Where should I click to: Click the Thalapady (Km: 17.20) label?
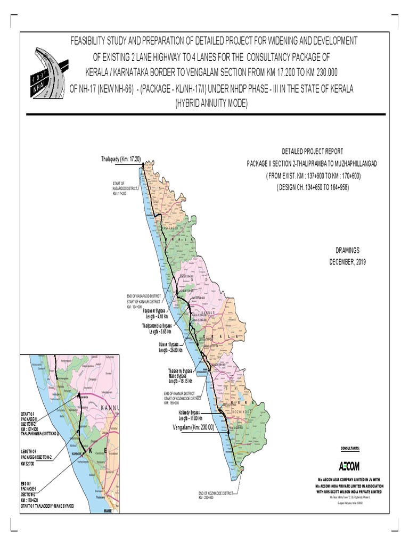(121, 159)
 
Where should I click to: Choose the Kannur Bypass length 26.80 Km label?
(170, 347)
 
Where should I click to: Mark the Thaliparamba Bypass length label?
(160, 328)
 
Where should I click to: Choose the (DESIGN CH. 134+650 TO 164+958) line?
(312, 188)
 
